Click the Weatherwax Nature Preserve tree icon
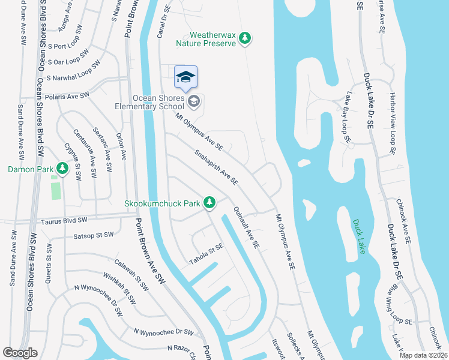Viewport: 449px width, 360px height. (x=244, y=38)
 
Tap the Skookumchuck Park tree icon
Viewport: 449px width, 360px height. (x=209, y=203)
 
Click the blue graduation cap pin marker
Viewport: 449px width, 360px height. (x=185, y=77)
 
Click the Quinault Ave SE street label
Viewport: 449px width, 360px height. (x=246, y=228)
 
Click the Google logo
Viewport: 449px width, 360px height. (x=20, y=353)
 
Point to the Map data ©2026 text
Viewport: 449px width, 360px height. (x=423, y=355)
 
